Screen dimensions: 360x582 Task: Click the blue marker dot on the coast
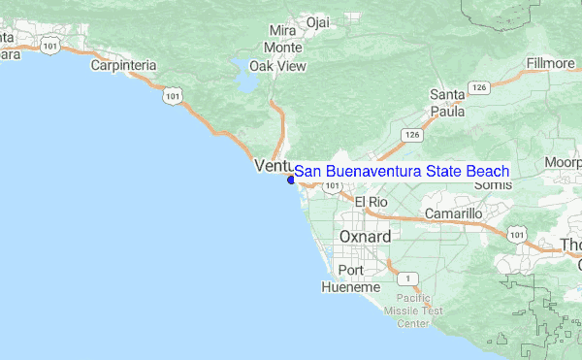291,179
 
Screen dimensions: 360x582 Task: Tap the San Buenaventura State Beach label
402,171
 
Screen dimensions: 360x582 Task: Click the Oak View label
277,66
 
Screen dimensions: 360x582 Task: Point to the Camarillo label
453,213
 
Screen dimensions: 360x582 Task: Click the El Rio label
372,202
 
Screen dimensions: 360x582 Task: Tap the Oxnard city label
365,237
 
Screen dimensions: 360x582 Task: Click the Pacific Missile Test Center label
419,311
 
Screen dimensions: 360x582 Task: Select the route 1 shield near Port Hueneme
413,278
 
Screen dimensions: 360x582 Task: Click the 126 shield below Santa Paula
413,134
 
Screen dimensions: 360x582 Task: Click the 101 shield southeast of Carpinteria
172,95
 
